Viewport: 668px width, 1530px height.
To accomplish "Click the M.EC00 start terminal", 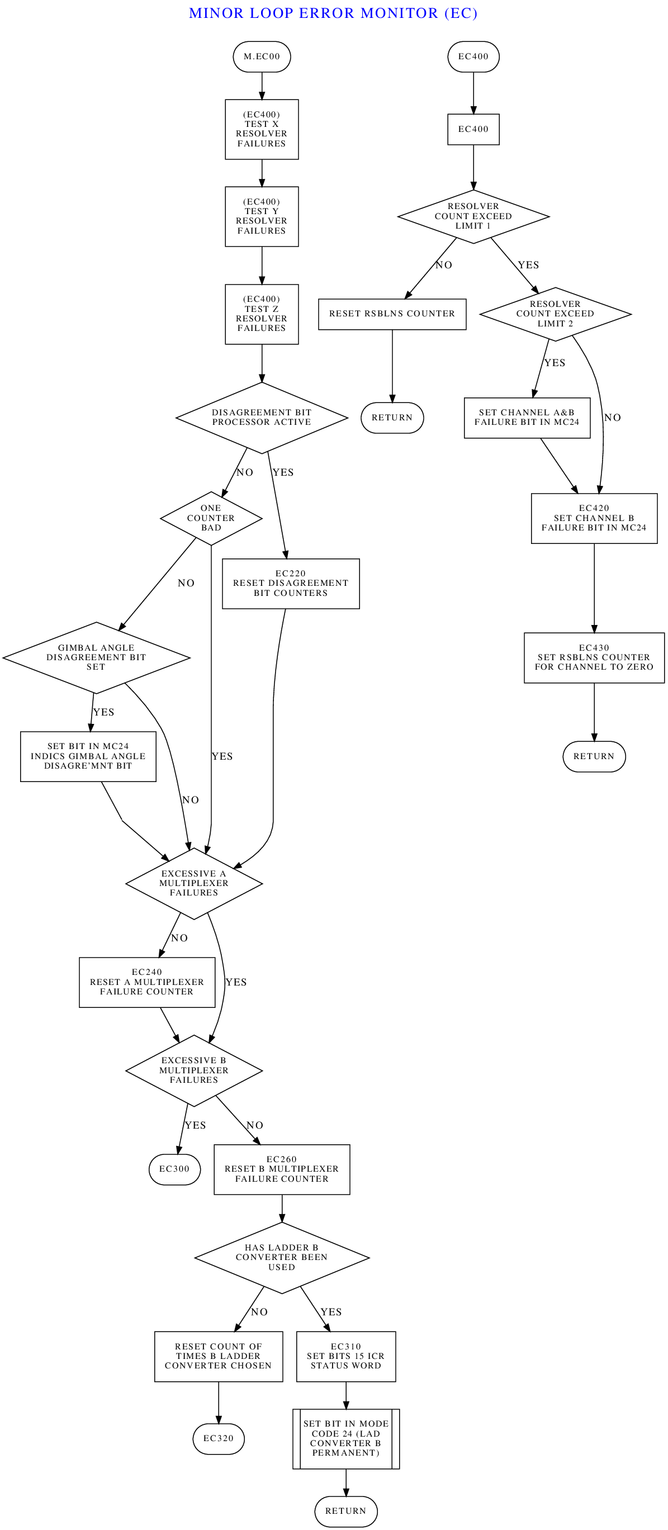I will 261,56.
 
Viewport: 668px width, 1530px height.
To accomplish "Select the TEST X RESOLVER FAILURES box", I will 261,129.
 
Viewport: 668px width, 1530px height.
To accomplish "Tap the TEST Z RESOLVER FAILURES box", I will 261,314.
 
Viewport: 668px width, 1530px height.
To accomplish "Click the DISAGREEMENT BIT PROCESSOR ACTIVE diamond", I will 261,418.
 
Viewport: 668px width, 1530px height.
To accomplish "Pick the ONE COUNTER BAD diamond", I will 211,518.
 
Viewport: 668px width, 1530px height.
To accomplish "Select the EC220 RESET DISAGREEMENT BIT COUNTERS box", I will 290,583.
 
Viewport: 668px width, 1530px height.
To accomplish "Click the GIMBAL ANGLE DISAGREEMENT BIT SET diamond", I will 96,657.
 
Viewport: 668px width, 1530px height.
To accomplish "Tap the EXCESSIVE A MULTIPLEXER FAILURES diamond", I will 193,883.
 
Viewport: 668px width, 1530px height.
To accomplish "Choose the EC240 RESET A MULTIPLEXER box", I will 146,982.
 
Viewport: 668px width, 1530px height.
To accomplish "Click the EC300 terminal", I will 174,1169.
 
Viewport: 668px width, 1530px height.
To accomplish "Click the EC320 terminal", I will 218,1438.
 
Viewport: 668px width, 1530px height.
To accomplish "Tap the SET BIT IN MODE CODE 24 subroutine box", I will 345,1438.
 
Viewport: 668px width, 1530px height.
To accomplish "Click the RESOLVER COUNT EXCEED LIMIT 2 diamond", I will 555,314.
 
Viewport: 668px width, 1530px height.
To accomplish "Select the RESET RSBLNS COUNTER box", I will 392,314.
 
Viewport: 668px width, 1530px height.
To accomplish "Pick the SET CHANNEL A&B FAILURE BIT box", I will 527,418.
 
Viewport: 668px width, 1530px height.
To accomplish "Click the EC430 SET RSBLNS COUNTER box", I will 594,657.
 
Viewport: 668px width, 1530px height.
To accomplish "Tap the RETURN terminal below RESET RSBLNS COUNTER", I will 392,418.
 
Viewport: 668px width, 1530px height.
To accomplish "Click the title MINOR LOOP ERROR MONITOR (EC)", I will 333,13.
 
